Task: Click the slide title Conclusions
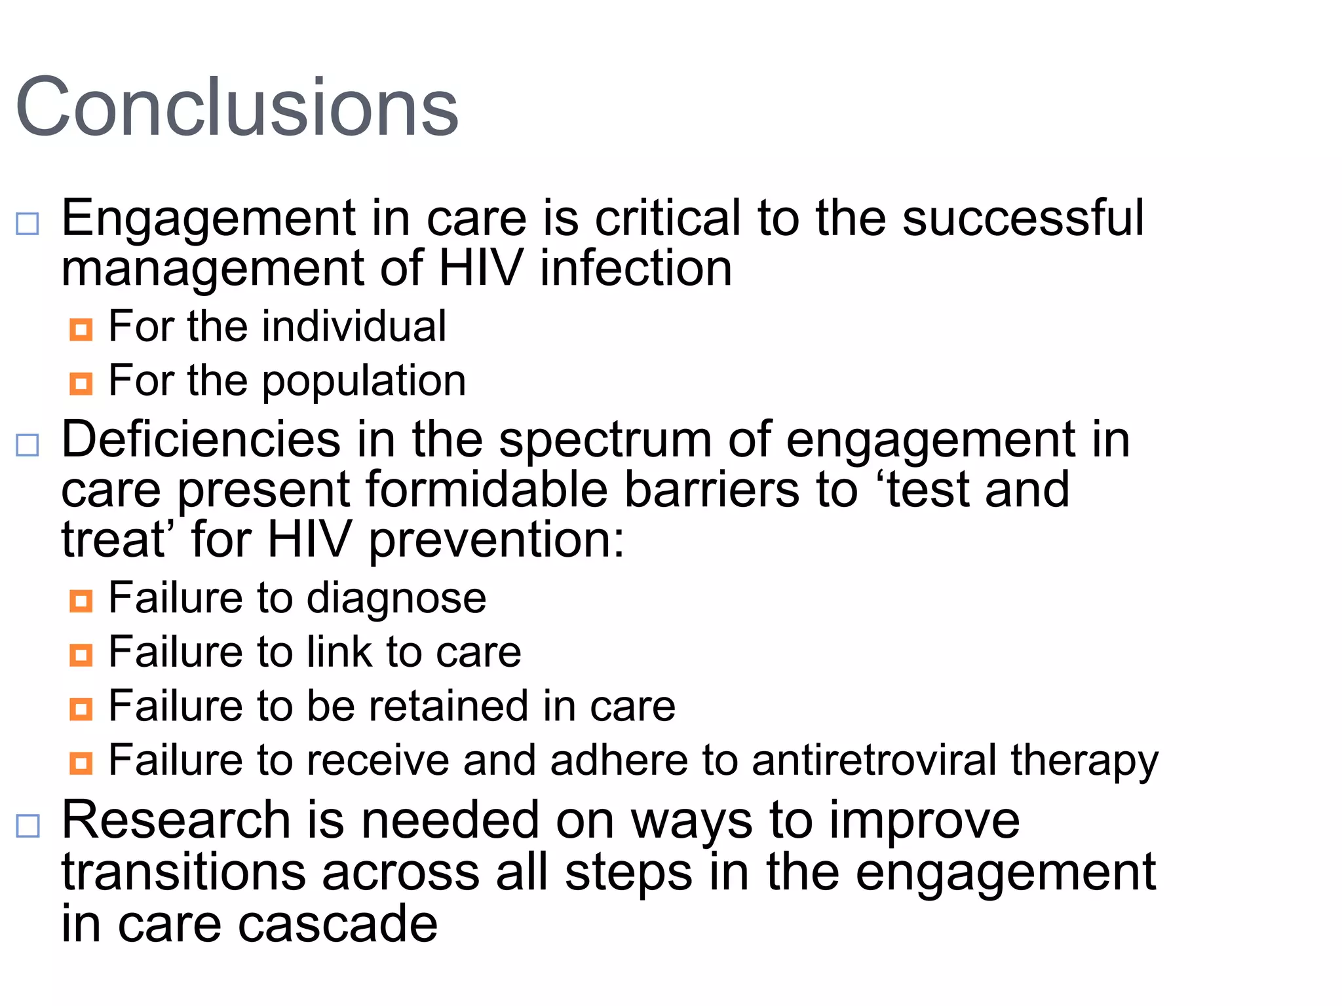pos(237,107)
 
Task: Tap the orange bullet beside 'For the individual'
pos(81,329)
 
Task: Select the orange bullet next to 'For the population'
pos(81,383)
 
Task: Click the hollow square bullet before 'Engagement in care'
pos(28,224)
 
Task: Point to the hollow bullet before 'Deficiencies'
pos(28,445)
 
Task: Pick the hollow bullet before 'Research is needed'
pos(28,826)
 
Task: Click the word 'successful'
pos(1023,218)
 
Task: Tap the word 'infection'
pos(636,269)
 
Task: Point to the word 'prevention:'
pos(497,540)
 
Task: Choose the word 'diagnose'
pos(396,599)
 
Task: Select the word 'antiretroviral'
pos(873,760)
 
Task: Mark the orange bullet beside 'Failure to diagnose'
pos(81,600)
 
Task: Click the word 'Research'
pos(176,820)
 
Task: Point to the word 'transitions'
pos(183,872)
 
